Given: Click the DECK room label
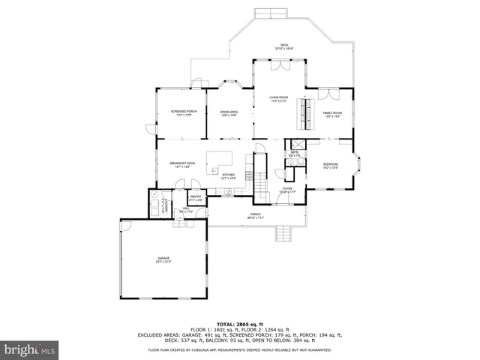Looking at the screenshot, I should coord(284,46).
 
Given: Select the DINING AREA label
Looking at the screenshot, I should coord(229,113).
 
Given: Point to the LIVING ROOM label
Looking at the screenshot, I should coord(278,100).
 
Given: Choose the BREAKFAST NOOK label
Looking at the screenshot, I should coord(182,165).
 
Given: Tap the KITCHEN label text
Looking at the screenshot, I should coord(229,177).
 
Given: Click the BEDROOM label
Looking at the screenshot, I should coord(331,166).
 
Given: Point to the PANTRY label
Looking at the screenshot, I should coord(196,199).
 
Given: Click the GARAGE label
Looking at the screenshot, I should coord(163,260).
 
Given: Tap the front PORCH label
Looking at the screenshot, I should coord(256,216).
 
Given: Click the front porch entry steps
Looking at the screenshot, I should coord(283,234).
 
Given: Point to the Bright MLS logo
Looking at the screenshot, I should coord(30,349).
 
